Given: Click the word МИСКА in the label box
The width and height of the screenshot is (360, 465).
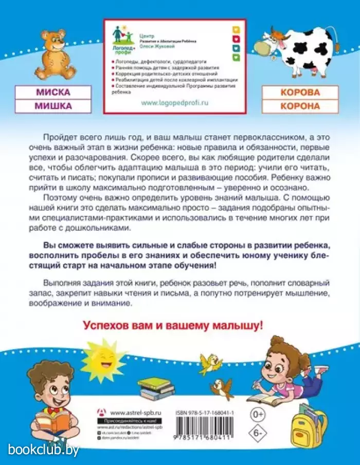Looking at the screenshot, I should coord(53,93).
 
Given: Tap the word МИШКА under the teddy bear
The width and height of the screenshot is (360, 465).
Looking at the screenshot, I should coord(53,106).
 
